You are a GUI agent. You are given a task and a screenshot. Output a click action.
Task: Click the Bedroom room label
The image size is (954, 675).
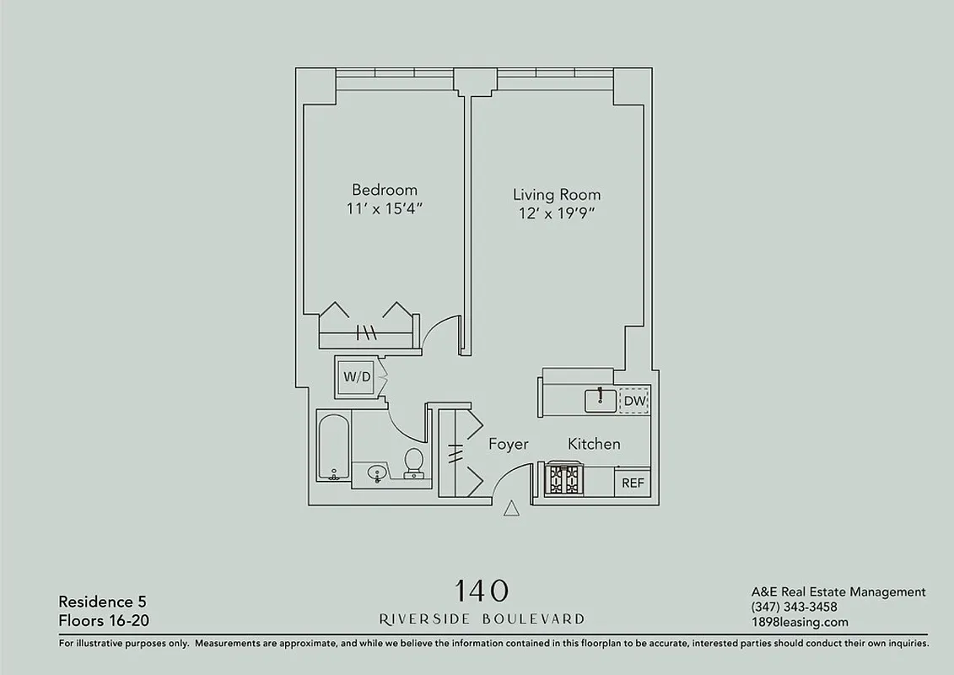384,190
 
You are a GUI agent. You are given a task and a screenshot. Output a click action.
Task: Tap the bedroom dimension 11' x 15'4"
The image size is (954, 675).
384,209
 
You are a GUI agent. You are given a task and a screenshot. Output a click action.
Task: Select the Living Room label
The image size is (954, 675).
557,194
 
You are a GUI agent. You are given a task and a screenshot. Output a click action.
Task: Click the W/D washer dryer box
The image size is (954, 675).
355,377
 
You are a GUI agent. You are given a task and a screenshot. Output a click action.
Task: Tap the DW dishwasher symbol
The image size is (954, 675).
633,401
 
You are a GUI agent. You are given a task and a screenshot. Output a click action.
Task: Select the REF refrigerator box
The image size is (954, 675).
633,483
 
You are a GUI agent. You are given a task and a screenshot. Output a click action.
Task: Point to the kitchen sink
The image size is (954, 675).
600,400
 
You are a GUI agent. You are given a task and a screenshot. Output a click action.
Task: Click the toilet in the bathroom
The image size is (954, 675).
413,463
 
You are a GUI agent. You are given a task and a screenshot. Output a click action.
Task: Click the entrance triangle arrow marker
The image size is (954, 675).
510,508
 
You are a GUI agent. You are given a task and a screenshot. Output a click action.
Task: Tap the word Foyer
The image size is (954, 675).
509,444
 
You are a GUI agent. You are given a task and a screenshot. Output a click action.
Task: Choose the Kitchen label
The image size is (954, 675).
594,444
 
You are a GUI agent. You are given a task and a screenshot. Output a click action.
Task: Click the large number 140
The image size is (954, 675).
482,590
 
